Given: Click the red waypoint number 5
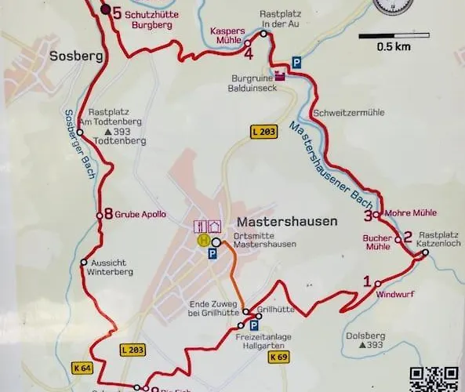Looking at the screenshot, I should (118, 13).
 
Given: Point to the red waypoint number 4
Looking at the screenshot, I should (248, 55).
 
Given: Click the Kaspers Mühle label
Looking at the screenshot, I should (227, 36).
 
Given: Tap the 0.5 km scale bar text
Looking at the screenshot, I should (393, 46).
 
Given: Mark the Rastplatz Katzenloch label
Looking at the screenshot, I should (440, 239).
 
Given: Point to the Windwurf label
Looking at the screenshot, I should (393, 295).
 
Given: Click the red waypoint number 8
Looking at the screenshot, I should (107, 213).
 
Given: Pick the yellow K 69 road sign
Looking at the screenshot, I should (279, 357).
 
